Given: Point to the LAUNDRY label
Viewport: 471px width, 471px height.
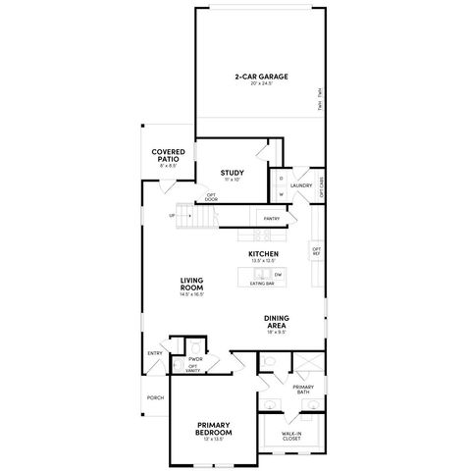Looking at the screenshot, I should pyautogui.click(x=301, y=184).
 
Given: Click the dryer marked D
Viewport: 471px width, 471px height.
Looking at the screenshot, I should pyautogui.click(x=281, y=179).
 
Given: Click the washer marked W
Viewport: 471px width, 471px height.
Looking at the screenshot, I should pyautogui.click(x=281, y=193).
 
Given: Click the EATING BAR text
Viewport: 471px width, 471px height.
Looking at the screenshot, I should pyautogui.click(x=262, y=284).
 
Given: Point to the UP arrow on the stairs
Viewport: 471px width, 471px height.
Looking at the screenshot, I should pyautogui.click(x=173, y=216).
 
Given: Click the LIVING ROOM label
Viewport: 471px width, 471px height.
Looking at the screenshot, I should pyautogui.click(x=191, y=284).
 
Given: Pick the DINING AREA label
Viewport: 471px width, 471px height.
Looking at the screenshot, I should pyautogui.click(x=276, y=323).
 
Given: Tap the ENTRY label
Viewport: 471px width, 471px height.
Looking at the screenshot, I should pyautogui.click(x=155, y=353).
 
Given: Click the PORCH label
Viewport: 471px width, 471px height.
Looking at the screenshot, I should pyautogui.click(x=155, y=397).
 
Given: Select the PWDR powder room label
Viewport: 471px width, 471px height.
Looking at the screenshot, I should pyautogui.click(x=195, y=360).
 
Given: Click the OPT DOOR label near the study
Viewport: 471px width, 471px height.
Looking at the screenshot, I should pyautogui.click(x=211, y=197).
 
